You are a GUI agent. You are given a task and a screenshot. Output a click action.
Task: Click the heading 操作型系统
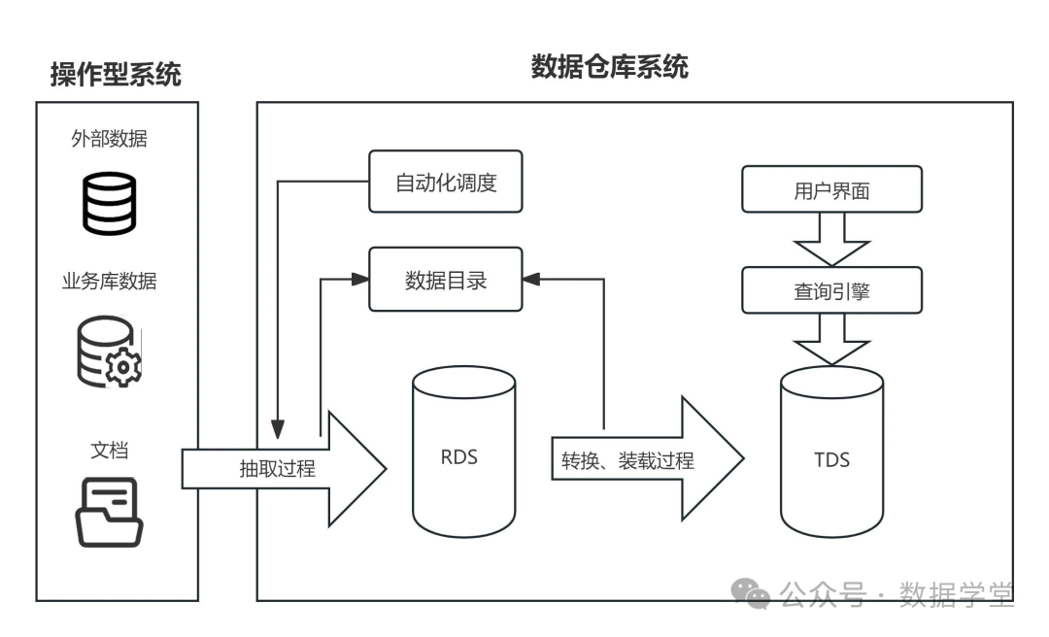pos(116,74)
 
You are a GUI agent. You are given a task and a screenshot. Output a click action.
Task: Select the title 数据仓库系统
pos(609,66)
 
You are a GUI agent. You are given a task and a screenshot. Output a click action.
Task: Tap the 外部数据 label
pos(110,138)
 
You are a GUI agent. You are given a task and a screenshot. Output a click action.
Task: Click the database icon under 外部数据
pos(109,201)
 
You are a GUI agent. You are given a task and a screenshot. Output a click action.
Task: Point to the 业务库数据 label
pos(110,282)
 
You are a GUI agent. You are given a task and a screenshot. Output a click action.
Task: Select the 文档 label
pos(110,450)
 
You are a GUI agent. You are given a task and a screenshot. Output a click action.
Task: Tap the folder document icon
pos(110,513)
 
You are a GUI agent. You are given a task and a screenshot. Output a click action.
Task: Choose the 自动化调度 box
pos(446,182)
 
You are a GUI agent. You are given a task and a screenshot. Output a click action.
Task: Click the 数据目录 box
pos(446,280)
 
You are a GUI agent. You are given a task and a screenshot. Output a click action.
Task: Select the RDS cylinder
pos(463,455)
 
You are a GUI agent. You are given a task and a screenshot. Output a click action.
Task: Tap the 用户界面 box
pos(831,189)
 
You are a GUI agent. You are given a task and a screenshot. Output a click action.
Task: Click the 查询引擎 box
pos(831,290)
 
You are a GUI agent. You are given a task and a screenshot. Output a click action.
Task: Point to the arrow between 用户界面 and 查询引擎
pos(831,239)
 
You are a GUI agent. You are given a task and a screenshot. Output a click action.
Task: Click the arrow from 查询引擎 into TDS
pos(831,339)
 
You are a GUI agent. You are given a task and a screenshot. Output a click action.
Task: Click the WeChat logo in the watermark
pos(753,592)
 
